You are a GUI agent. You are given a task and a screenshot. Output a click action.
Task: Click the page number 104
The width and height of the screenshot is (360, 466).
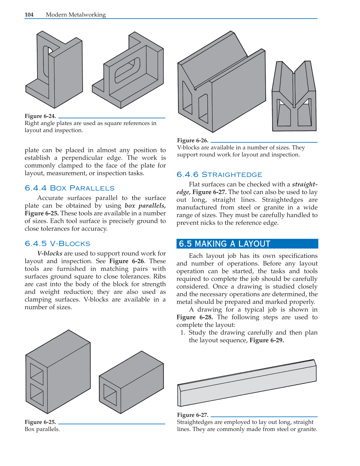point(29,15)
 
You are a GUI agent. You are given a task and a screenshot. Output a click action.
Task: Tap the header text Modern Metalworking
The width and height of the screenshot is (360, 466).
point(76,15)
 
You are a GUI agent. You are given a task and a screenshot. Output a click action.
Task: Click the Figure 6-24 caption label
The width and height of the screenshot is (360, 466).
point(40,116)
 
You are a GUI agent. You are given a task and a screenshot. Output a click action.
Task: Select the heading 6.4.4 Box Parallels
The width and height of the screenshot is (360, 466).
point(69,188)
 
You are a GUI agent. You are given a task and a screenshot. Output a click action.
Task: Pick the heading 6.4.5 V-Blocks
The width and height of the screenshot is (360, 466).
point(57,244)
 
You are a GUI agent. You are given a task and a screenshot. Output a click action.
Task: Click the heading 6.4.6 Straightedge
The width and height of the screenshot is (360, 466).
point(219,175)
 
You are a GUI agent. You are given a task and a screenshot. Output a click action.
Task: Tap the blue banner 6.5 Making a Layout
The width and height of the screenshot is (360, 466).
point(247,244)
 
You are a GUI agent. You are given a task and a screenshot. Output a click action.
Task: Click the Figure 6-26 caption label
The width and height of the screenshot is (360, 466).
point(193,140)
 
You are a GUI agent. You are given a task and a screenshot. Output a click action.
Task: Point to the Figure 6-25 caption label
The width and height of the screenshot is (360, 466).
point(40,422)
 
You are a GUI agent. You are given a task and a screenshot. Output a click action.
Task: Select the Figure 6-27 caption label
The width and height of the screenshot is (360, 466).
point(193,415)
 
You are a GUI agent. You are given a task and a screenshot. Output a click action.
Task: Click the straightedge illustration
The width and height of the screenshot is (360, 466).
point(247,383)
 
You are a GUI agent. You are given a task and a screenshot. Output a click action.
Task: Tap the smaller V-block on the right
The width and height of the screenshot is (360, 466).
point(294,97)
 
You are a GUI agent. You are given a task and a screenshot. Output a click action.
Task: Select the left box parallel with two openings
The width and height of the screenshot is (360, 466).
point(58,372)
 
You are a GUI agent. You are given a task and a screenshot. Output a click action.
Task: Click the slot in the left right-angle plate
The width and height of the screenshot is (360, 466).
point(46,63)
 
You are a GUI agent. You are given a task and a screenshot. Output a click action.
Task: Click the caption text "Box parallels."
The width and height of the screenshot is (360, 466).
point(42,429)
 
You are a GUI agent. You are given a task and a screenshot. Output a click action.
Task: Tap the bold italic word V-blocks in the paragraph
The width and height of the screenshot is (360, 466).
point(50,253)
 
